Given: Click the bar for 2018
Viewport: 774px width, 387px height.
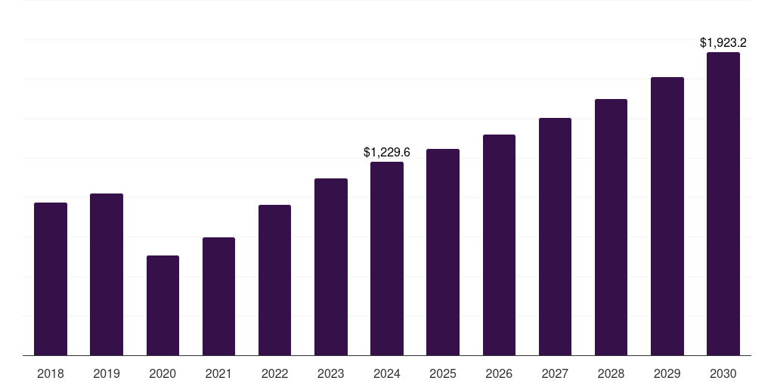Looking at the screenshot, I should [51, 279].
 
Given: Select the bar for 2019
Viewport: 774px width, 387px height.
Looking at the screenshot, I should [107, 274].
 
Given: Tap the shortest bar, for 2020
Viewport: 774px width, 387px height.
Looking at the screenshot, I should [163, 305].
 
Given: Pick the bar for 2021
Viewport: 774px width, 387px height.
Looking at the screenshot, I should [218, 296].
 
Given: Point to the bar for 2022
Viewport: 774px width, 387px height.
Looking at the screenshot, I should [274, 280].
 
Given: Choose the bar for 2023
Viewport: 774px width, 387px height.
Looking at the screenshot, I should [331, 267].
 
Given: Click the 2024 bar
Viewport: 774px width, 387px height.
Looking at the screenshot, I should [387, 259].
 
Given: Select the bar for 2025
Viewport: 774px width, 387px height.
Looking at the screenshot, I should [443, 252].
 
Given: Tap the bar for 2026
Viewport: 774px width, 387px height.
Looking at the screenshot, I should [499, 245].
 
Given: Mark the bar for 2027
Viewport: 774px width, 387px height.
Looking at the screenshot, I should [555, 237].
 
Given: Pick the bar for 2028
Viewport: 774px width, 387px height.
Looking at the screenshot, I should [611, 227].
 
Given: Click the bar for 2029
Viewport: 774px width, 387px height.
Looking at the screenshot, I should [667, 216].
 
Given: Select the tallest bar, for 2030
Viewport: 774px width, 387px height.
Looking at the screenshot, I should [723, 203].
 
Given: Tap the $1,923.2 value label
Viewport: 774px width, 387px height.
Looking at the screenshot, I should [723, 43].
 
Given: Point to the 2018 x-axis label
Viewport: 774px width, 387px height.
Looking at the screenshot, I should [51, 373].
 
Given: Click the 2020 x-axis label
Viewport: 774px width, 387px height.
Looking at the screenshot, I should [163, 373].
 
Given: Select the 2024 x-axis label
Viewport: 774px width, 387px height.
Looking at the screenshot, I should [387, 373].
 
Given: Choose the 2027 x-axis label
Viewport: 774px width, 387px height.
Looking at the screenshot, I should [555, 373].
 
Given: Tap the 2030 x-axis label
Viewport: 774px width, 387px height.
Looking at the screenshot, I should [723, 373].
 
